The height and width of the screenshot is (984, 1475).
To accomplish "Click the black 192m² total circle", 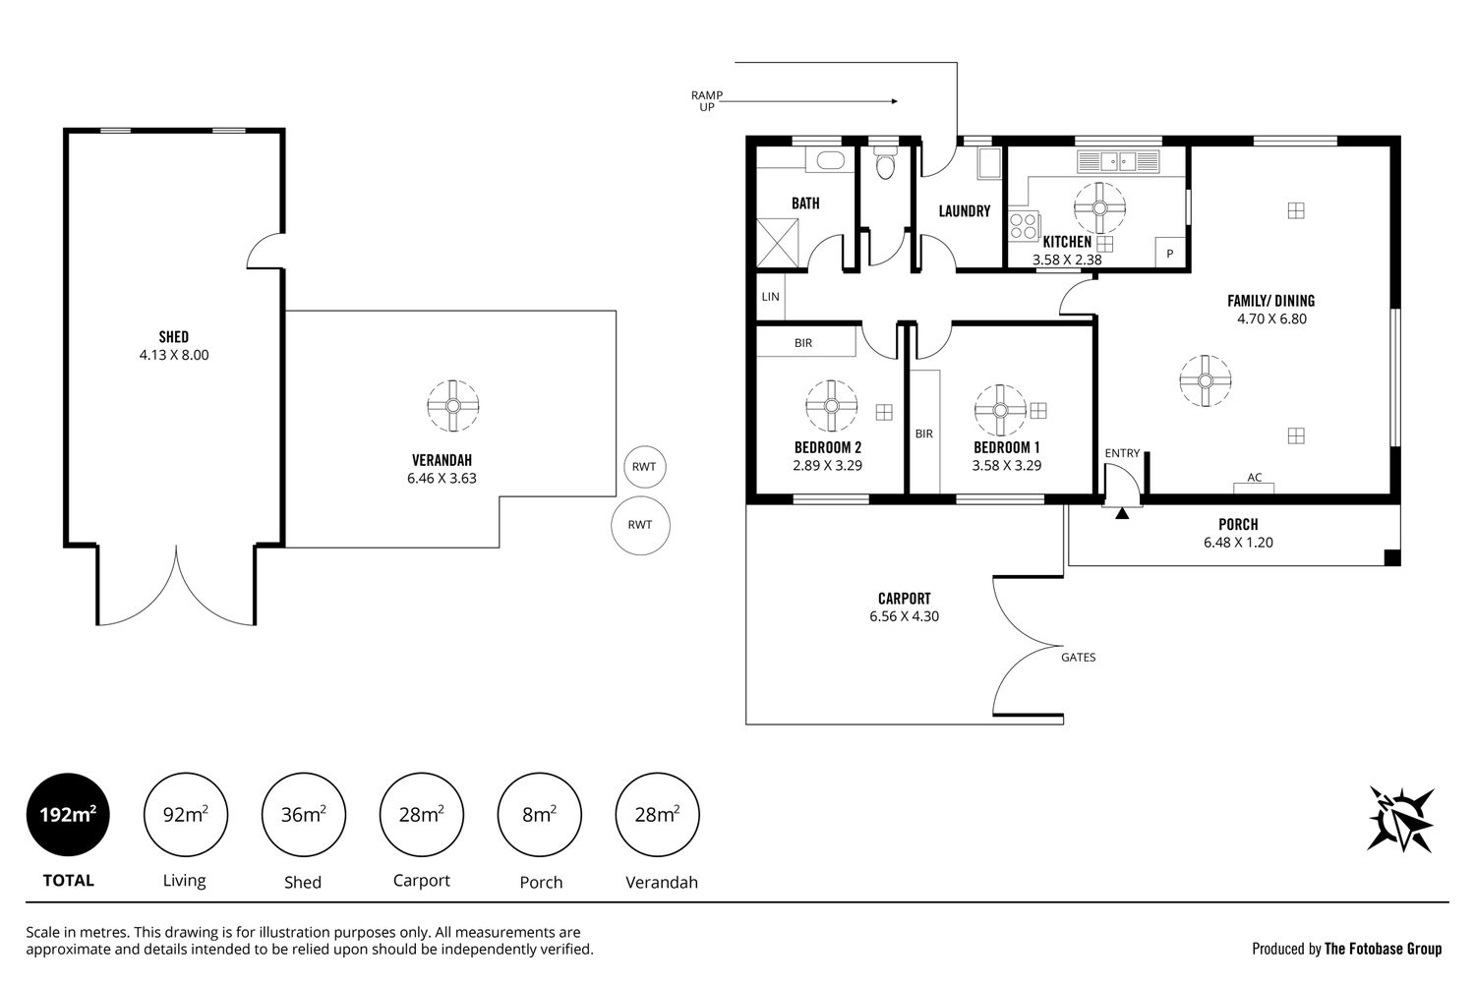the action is tap(68, 814).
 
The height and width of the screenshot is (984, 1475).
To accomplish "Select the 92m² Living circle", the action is tap(186, 814).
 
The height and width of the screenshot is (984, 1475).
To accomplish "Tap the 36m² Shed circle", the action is tap(304, 814).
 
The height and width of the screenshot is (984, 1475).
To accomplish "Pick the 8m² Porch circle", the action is tap(539, 814).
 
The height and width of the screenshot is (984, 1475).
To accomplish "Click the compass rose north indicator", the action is tap(1400, 819).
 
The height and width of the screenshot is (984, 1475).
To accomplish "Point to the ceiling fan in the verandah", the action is tap(453, 405).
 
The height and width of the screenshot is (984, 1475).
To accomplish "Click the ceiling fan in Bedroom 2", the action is tap(831, 406).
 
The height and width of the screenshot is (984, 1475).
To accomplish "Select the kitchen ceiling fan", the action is tap(1099, 208).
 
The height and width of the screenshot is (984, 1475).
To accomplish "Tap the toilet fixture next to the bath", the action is tap(885, 162).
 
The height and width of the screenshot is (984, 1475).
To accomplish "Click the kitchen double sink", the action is tap(1118, 161).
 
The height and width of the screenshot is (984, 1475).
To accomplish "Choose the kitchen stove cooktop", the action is tap(1024, 226).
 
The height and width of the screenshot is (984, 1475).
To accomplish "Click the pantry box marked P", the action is tap(1169, 253).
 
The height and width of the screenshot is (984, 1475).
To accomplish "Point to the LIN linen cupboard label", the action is tap(770, 297).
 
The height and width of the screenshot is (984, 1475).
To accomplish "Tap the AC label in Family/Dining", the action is tap(1255, 477).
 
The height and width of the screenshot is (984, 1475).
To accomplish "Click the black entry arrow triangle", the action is tap(1122, 513).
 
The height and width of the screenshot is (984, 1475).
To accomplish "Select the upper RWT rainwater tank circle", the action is tap(645, 467).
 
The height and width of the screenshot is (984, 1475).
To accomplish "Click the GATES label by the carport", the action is tap(1079, 657).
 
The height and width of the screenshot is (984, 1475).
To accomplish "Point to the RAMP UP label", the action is tap(707, 100).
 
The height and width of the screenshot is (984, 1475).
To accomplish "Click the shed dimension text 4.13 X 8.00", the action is tap(174, 355).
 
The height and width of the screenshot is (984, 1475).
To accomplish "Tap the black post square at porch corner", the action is tap(1392, 557).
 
